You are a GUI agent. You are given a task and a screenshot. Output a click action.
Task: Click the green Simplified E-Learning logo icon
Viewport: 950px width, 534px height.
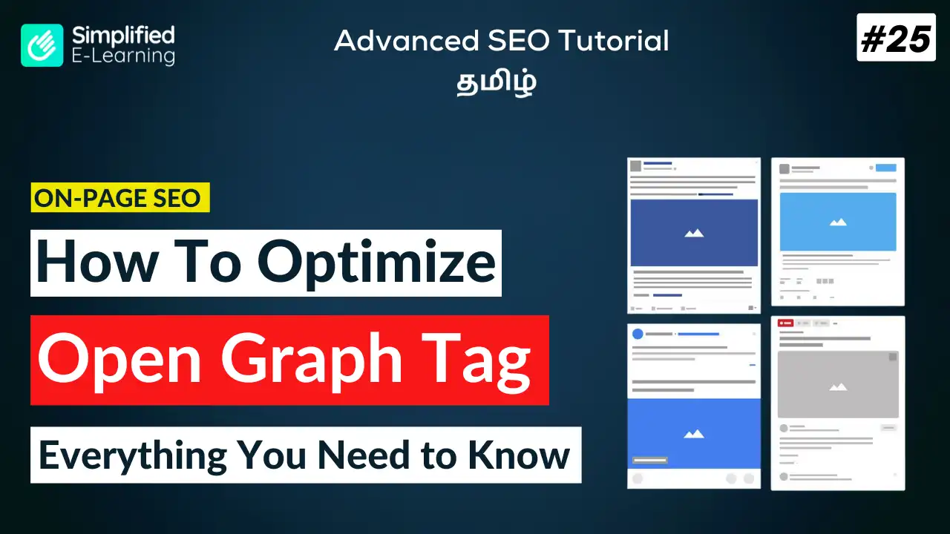[x=42, y=45]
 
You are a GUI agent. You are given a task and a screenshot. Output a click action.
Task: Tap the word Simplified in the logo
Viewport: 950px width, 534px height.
[x=123, y=36]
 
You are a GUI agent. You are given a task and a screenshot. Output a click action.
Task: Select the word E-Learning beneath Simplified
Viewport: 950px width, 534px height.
[x=123, y=56]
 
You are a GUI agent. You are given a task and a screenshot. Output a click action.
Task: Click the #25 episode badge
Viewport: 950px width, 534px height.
[x=896, y=38]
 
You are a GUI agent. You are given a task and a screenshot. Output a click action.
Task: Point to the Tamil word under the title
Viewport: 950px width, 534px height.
[x=497, y=82]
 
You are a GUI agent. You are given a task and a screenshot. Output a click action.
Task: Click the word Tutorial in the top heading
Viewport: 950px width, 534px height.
[x=613, y=41]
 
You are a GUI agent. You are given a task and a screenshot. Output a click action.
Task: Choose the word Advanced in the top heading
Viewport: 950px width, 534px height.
[x=406, y=41]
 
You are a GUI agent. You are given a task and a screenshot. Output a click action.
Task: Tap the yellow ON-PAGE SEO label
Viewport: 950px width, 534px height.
[x=120, y=197]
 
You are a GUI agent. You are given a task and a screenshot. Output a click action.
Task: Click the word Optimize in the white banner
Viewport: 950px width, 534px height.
[x=376, y=263]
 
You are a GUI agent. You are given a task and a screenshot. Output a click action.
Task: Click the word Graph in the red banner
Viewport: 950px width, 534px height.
[x=311, y=360]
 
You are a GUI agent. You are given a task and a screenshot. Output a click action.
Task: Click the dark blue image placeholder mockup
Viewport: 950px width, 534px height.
[x=694, y=233]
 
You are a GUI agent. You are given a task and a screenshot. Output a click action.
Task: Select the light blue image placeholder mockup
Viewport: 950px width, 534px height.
[x=838, y=222]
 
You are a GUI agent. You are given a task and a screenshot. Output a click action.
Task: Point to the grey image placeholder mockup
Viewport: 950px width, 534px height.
[x=838, y=384]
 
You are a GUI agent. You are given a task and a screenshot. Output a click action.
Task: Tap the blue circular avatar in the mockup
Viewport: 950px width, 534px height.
[x=638, y=334]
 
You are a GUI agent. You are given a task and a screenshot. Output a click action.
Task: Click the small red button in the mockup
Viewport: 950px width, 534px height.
[x=785, y=323]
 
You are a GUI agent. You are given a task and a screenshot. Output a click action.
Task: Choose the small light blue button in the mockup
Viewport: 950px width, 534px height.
[x=886, y=168]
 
